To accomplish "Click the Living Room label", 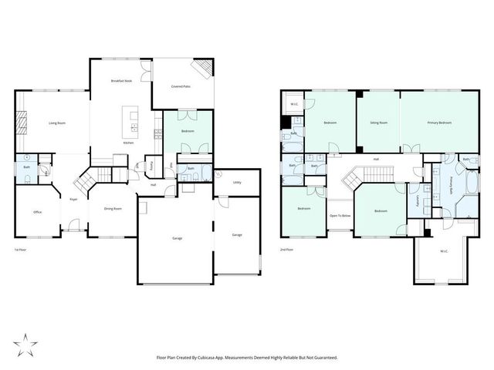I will pos(56,123).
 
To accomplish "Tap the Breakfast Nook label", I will pos(121,81).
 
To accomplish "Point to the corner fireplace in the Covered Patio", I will pos(202,69).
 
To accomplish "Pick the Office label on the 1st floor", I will pos(36,212).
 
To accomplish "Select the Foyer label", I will pos(73,199).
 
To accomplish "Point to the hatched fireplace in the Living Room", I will pos(22,123).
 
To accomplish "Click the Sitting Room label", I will pos(378,123).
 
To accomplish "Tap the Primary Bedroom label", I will pos(439,123).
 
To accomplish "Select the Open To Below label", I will pos(340,215).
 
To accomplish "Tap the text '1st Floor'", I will pos(22,251).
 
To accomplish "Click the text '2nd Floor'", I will pos(287,251).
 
